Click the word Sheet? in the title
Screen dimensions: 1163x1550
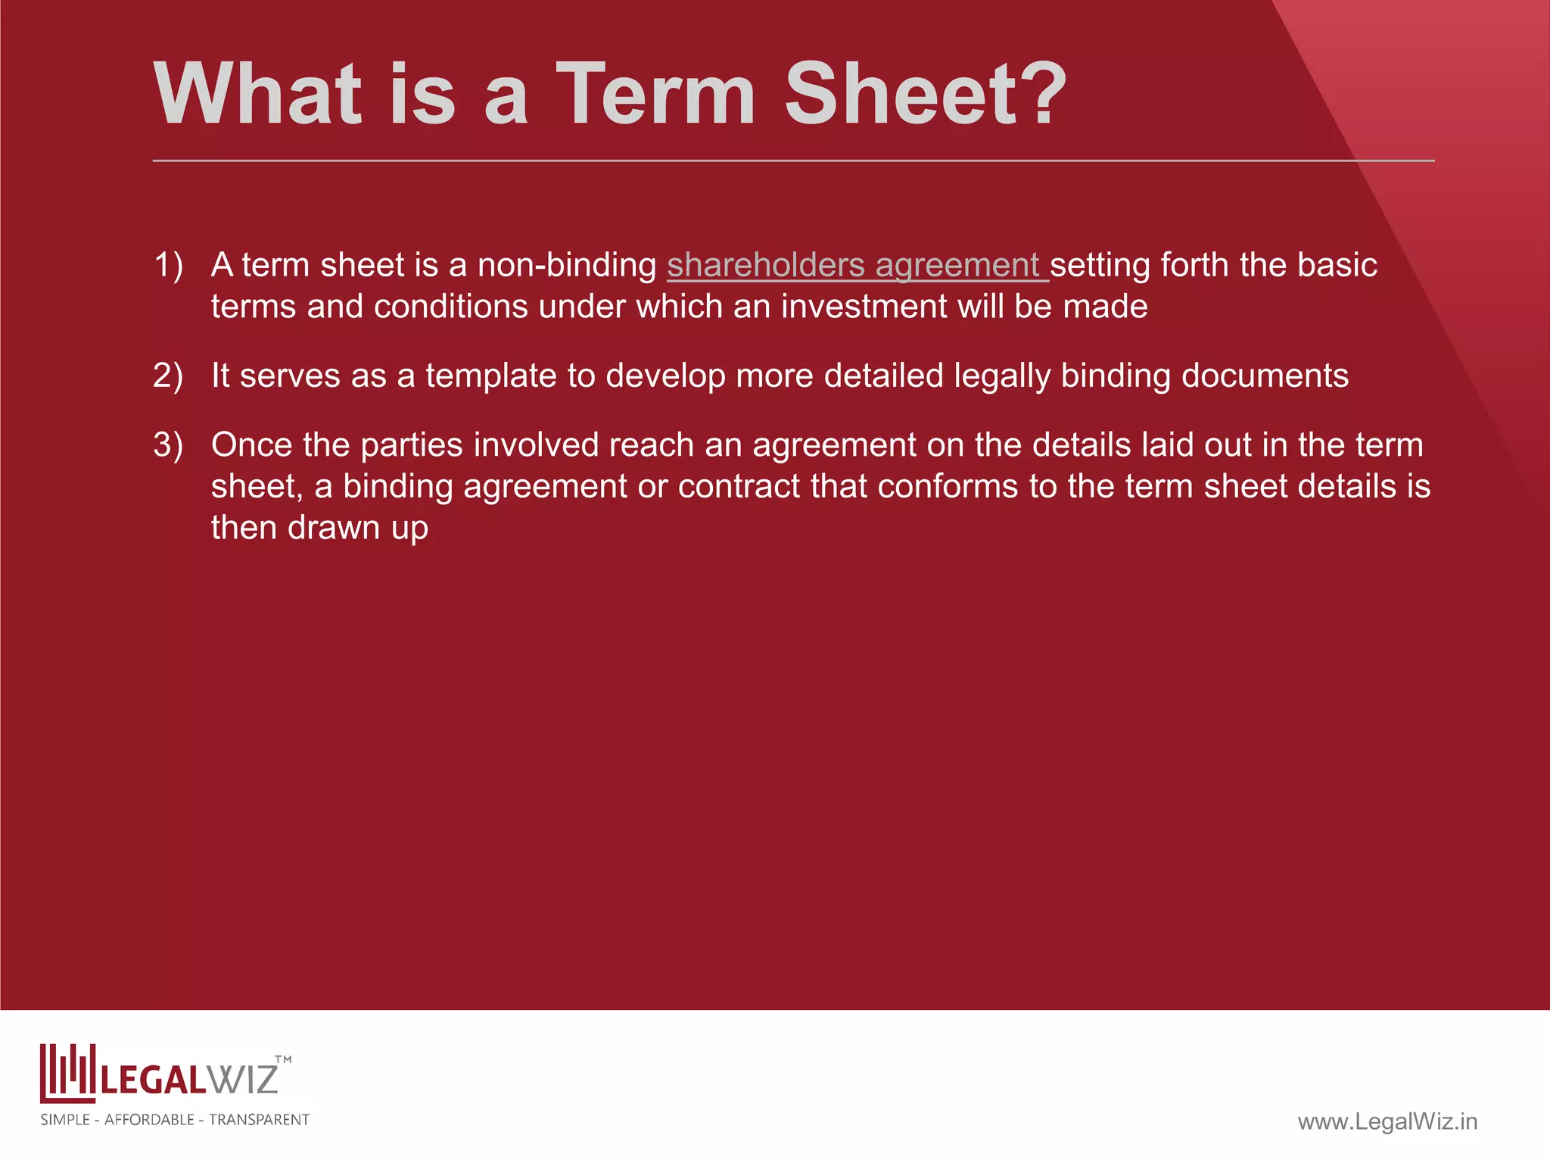click(x=925, y=95)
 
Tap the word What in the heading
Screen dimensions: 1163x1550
click(x=257, y=95)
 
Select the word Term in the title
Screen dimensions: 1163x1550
click(x=655, y=95)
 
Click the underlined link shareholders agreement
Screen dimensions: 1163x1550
click(x=855, y=266)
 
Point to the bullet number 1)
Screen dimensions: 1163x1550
click(x=168, y=266)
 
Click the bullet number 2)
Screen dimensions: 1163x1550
click(x=168, y=376)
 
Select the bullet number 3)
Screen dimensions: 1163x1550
click(x=168, y=445)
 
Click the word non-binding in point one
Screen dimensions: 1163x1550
click(x=567, y=266)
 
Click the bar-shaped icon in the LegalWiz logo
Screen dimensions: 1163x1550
click(x=67, y=1073)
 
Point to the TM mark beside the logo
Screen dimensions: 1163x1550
click(x=283, y=1060)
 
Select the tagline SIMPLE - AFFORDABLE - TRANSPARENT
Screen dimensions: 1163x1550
click(x=175, y=1120)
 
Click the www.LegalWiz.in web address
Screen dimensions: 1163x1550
click(x=1387, y=1121)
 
